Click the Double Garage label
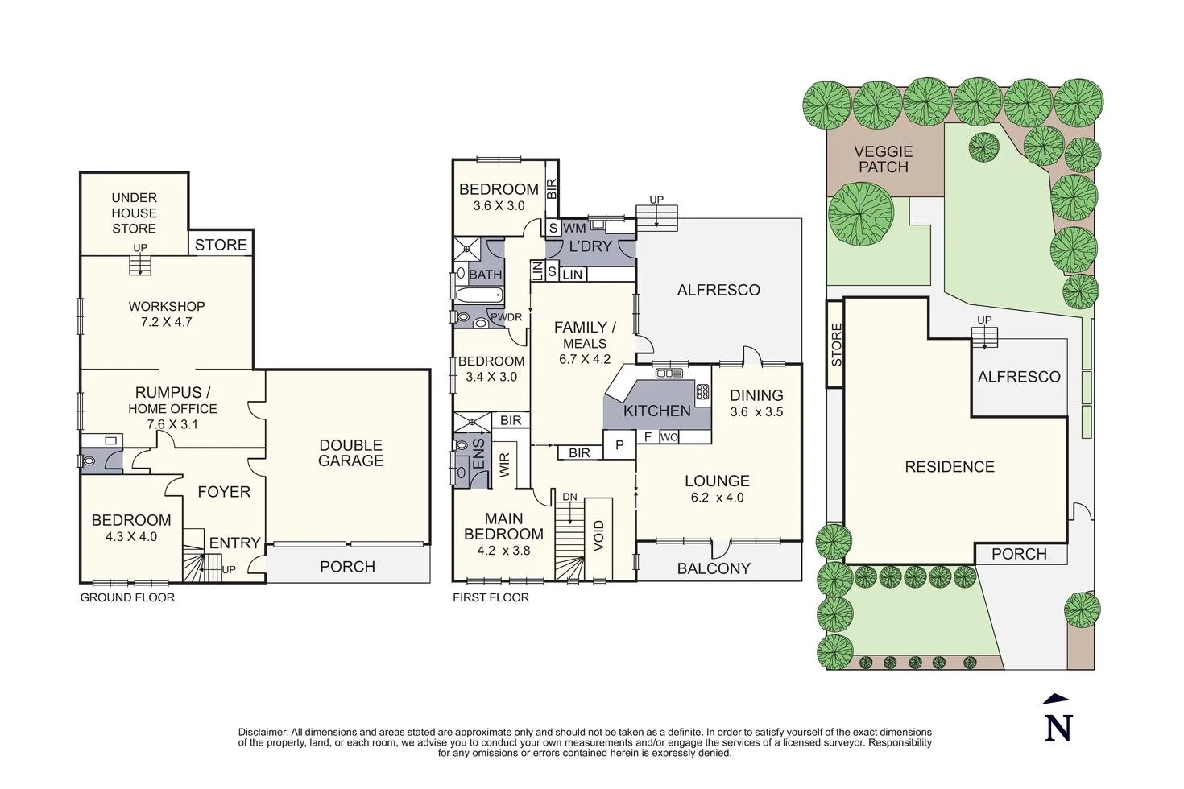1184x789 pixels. (350, 452)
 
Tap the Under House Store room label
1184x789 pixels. (135, 213)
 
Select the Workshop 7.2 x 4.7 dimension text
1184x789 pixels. (166, 322)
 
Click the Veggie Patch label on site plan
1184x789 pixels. (883, 159)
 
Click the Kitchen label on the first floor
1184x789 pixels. (656, 411)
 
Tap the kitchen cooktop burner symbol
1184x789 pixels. (702, 392)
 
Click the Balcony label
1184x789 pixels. (714, 568)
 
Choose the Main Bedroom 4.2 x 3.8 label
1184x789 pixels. (503, 535)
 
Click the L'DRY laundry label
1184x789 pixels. (590, 246)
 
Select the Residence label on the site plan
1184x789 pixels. (949, 467)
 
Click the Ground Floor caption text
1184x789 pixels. (127, 597)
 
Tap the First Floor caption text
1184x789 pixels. (491, 597)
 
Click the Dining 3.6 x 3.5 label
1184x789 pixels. (756, 403)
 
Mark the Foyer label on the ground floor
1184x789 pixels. (224, 491)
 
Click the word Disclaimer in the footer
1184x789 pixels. (263, 732)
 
